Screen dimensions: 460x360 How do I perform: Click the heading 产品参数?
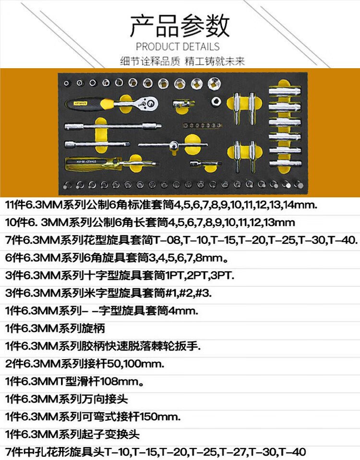click(180, 26)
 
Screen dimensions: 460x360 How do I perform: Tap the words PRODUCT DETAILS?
click(178, 47)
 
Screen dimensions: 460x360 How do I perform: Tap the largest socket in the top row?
click(213, 84)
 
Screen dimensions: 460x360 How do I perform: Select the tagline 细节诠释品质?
click(149, 61)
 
